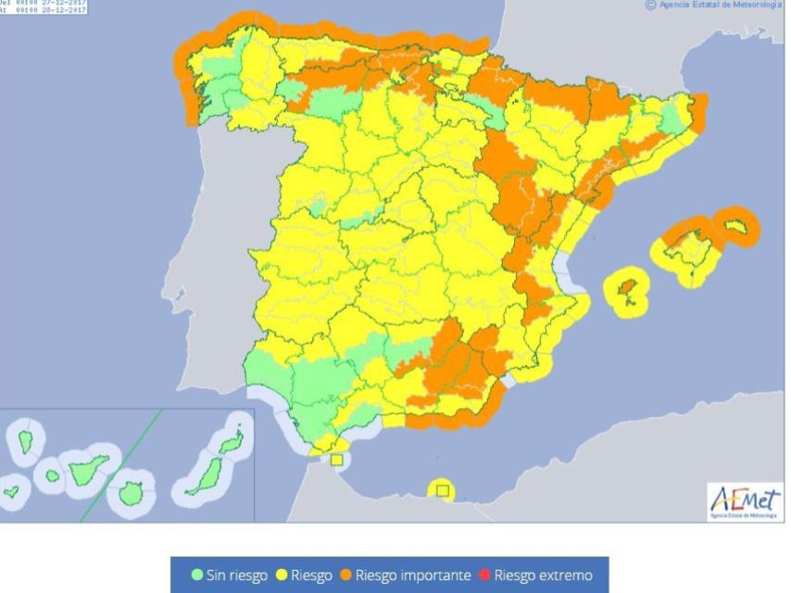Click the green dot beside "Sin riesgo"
point(197,575)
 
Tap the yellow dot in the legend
point(282,575)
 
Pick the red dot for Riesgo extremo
point(484,575)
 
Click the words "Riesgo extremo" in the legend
point(543,575)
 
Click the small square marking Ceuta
point(336,460)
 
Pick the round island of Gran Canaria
point(131,491)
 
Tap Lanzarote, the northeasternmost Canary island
point(235,439)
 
